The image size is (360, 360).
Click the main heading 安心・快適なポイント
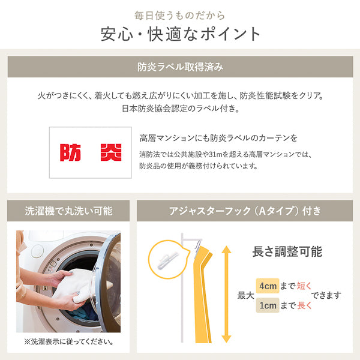point(180,34)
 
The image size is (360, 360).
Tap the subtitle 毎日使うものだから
point(179,16)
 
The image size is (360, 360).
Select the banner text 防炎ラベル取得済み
point(180,67)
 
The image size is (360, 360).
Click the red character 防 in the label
point(70,152)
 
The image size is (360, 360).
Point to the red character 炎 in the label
point(111,152)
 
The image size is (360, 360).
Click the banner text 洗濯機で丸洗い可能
point(68,211)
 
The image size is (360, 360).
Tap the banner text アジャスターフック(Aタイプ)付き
point(245,211)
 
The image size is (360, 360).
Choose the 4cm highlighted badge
point(268,286)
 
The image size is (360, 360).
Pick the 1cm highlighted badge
point(268,305)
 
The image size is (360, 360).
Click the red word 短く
point(304,286)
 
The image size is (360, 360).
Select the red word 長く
point(304,305)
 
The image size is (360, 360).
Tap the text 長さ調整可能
point(287,251)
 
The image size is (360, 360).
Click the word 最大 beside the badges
point(245,295)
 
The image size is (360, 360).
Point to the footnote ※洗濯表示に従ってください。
point(68,341)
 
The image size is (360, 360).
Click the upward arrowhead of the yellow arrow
point(226,249)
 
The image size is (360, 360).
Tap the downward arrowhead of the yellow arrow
point(226,339)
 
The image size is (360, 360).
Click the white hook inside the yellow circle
point(167,260)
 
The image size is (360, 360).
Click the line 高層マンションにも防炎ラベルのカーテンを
point(218,138)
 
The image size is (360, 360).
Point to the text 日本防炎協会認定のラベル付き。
point(181,109)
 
